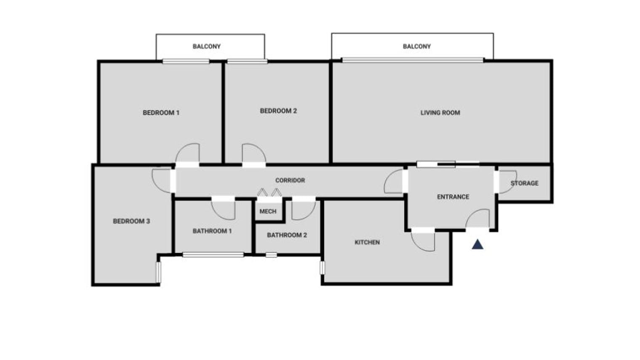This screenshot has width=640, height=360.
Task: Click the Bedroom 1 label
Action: (161, 113)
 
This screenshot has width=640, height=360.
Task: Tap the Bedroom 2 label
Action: (278, 111)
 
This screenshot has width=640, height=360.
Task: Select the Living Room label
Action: (440, 113)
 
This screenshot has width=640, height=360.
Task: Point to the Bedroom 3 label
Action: (131, 221)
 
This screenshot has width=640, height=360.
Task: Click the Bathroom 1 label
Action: (212, 231)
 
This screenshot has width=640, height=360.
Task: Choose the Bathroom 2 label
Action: (287, 235)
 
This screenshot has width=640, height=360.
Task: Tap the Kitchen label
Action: (367, 243)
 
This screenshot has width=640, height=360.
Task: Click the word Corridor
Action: (290, 181)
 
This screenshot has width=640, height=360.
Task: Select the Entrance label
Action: (453, 197)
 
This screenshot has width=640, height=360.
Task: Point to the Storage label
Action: (525, 184)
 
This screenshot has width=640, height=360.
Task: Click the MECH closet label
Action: (268, 211)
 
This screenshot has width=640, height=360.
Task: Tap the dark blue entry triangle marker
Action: (477, 245)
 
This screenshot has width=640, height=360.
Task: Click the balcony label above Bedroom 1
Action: (206, 47)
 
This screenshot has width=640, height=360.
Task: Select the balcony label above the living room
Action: (416, 47)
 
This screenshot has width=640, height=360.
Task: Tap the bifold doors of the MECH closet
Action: (269, 192)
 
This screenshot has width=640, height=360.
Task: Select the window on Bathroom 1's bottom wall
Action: (213, 255)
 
